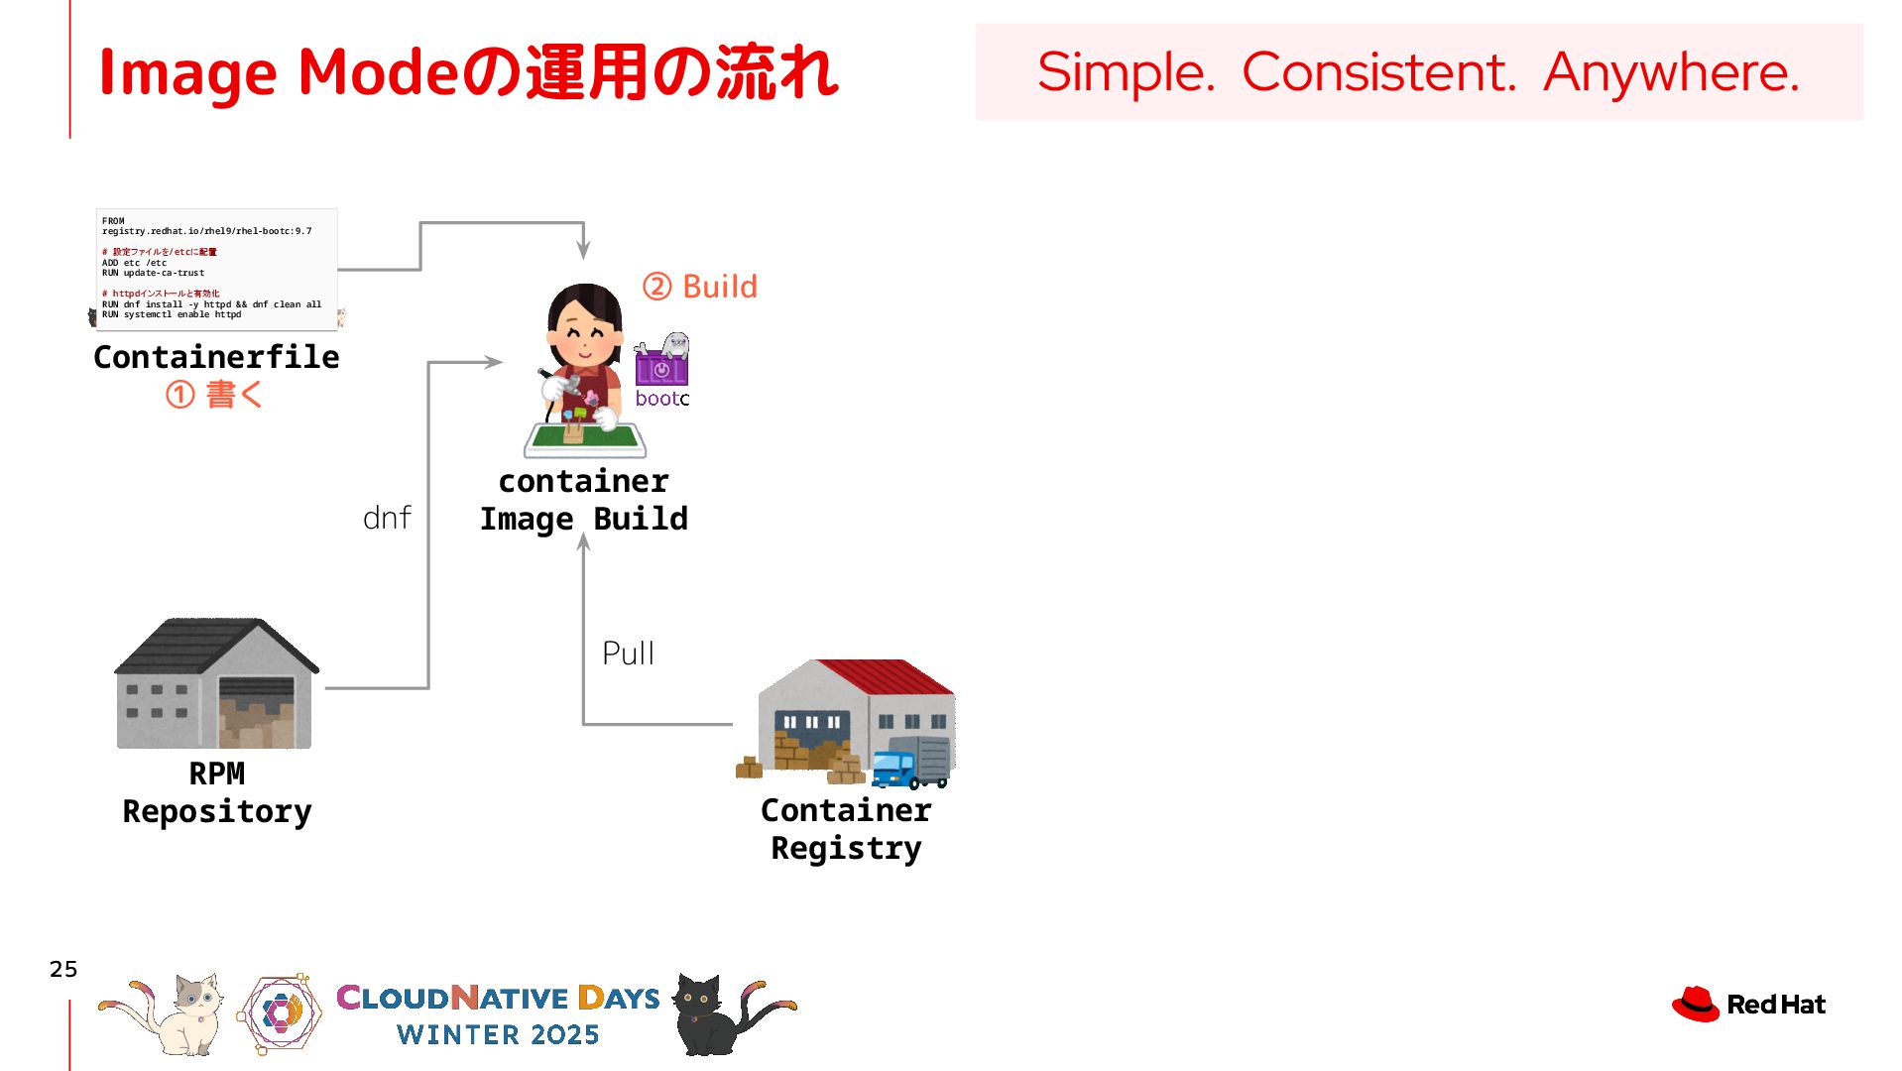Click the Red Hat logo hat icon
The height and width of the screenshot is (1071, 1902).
(x=1695, y=1004)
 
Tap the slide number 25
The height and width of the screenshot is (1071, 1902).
(x=63, y=969)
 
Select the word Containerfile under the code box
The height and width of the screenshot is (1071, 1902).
(x=216, y=357)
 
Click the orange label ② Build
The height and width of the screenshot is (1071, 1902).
(x=700, y=287)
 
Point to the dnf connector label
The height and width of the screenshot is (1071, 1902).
(x=387, y=518)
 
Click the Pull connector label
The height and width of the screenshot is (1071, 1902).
(x=628, y=654)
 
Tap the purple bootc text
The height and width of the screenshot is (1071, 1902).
(x=661, y=399)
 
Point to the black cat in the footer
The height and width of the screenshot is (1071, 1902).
(x=714, y=1013)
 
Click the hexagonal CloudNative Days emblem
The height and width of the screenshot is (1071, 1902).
(x=281, y=1012)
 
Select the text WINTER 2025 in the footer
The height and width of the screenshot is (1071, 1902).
(x=498, y=1034)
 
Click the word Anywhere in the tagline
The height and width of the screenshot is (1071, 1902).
(x=1671, y=72)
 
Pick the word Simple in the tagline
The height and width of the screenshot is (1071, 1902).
(x=1126, y=72)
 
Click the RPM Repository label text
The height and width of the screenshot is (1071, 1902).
(x=217, y=792)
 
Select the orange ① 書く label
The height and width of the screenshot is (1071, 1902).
(x=214, y=395)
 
